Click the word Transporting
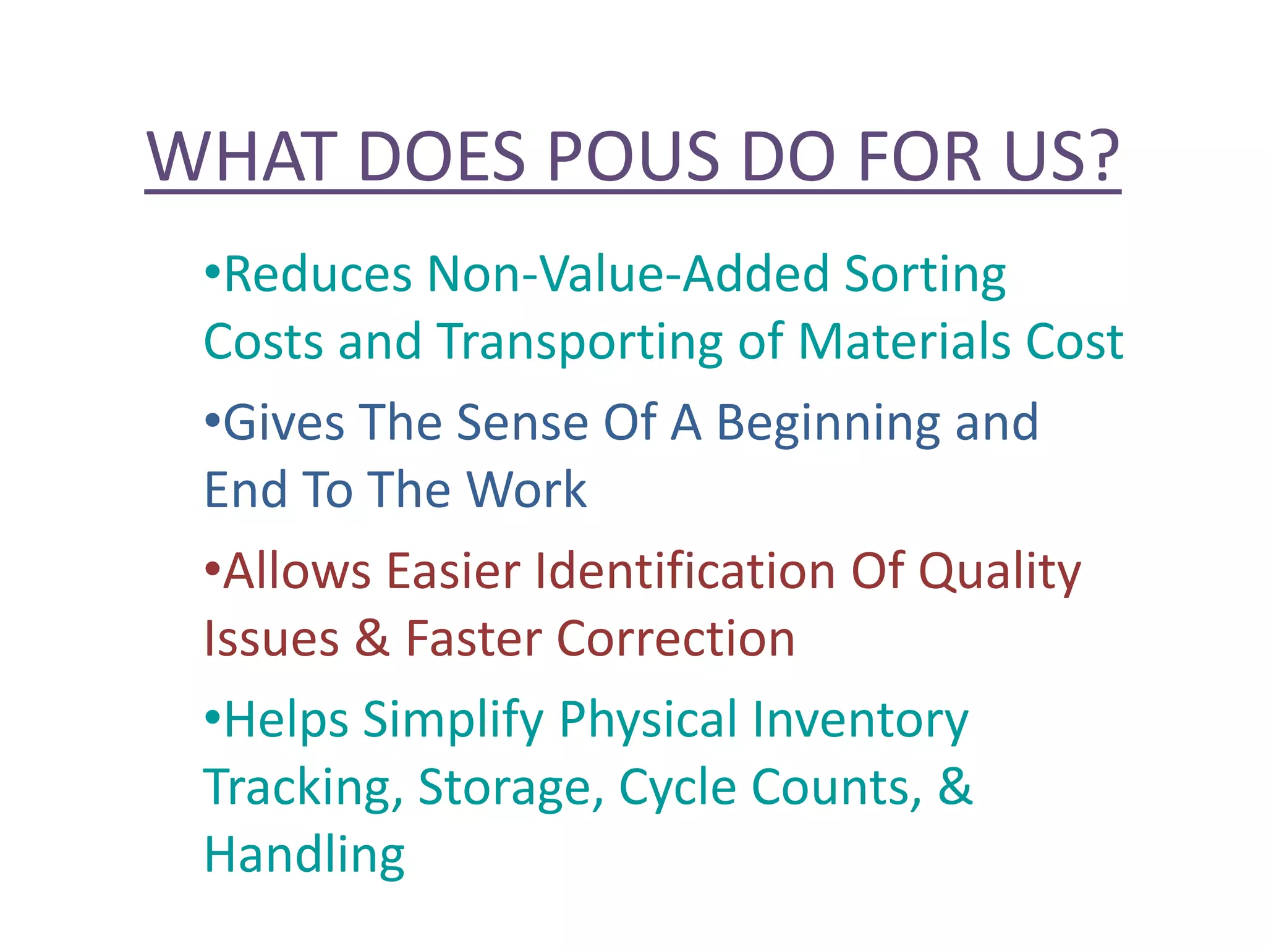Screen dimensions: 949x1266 [580, 343]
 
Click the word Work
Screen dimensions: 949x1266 [526, 489]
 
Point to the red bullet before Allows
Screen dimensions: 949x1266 [212, 569]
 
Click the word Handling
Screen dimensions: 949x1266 [304, 856]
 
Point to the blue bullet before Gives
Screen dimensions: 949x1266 [212, 421]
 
